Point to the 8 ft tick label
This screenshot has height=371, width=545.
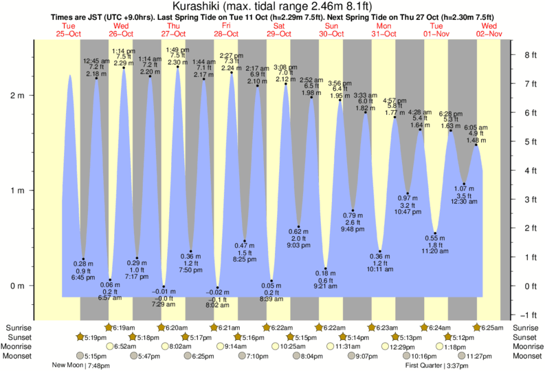pos(529,54)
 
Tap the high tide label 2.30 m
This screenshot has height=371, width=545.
pos(177,63)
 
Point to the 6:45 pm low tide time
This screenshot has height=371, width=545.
pos(83,277)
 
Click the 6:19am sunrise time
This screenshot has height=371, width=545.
pos(124,328)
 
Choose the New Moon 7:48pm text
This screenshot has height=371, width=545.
pos(80,365)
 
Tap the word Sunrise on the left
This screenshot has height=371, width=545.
pos(17,328)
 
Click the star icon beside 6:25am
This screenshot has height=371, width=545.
pos(478,328)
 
